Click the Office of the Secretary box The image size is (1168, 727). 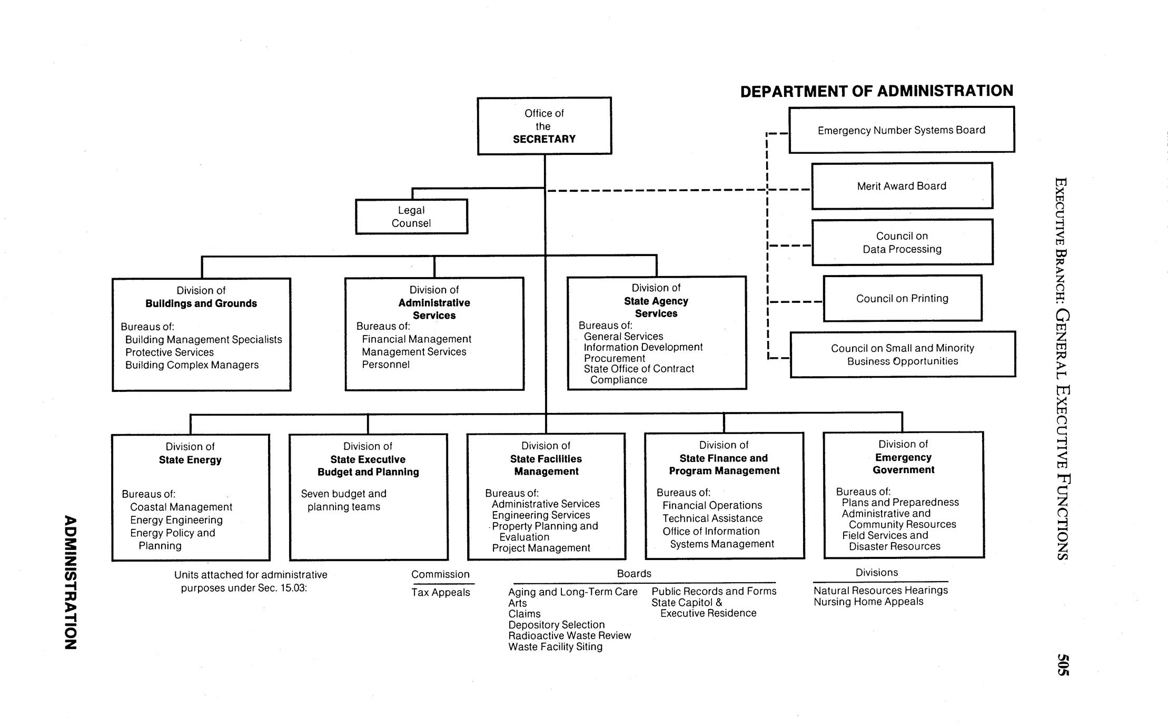[544, 126]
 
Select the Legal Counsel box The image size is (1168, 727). [411, 217]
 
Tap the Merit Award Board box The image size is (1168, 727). [902, 186]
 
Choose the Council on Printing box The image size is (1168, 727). [902, 298]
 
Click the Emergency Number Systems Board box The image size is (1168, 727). [901, 130]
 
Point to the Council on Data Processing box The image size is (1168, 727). [902, 242]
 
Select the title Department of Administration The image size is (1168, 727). [876, 91]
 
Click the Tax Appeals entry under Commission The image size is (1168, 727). [441, 592]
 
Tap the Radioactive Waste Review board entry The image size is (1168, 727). [569, 635]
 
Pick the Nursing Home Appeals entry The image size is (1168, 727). [868, 602]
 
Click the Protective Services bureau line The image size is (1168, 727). [170, 352]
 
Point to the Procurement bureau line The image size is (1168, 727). [614, 358]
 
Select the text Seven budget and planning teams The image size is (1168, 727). [343, 500]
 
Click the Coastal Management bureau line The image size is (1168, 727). [181, 507]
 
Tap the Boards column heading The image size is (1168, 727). [634, 573]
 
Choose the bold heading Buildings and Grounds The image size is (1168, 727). [201, 303]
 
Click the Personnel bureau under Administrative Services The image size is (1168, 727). [385, 365]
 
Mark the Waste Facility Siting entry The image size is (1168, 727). [555, 646]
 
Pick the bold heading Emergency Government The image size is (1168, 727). [903, 464]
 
